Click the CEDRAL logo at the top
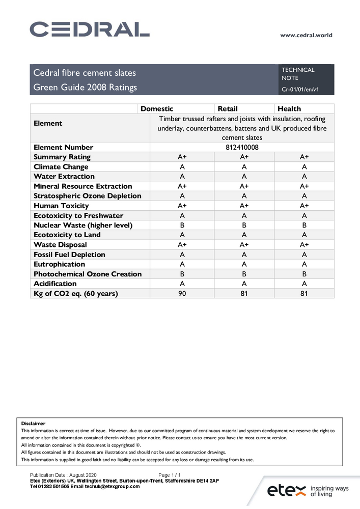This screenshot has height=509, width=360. pos(89,30)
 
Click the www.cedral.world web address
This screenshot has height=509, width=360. pos(306,35)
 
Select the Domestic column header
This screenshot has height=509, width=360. pos(157,108)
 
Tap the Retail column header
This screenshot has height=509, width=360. pos(228,108)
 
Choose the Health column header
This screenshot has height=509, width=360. pos(289,108)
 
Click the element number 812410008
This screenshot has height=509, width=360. pos(242,147)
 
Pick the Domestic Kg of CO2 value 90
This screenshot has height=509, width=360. pos(182,293)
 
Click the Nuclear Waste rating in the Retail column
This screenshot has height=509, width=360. pos(244,225)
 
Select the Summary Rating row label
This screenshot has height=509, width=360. pos(62,157)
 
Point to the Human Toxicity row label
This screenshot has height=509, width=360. pos(61,206)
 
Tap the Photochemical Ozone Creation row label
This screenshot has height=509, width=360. pos(88,274)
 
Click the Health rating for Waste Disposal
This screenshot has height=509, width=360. pos(304,244)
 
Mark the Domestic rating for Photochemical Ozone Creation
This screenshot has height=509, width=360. pos(182,274)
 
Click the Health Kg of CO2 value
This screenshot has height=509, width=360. pos(304,293)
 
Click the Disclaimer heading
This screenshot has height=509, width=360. pos(33,423)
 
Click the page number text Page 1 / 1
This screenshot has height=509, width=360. pos(170,474)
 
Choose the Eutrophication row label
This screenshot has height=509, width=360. pos(59,264)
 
